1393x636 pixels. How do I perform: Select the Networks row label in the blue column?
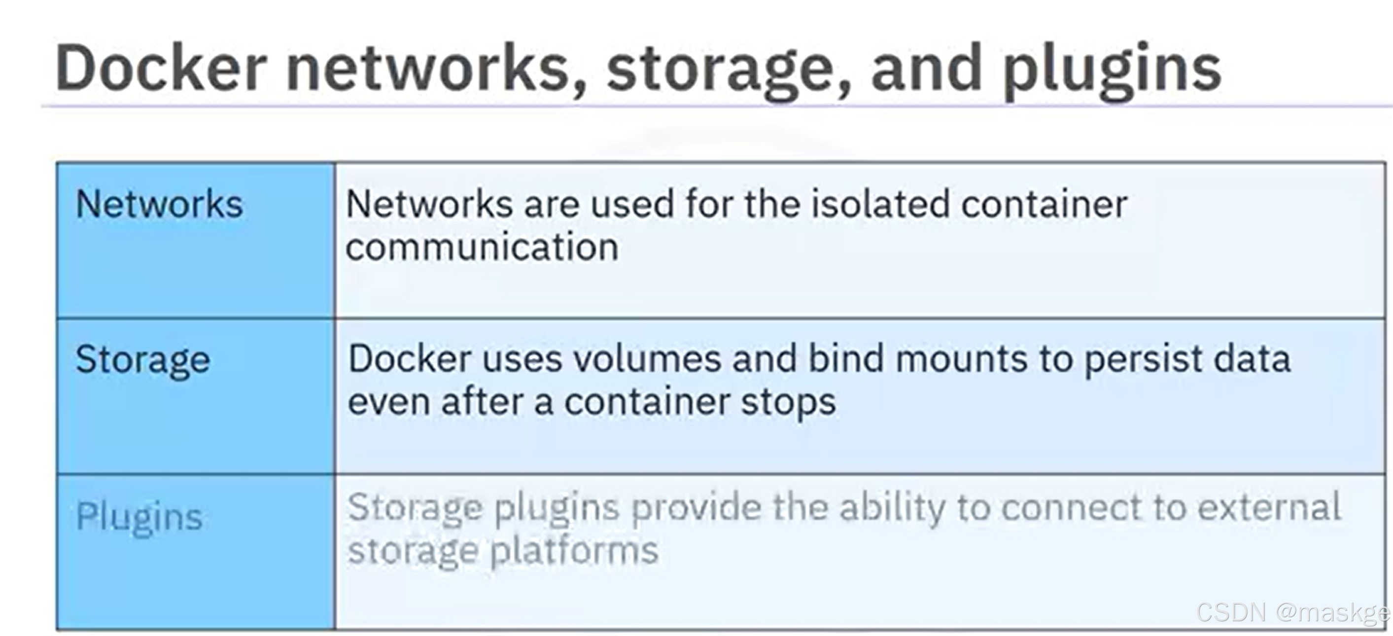[x=160, y=205]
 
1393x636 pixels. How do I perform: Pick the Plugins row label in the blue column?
[x=139, y=517]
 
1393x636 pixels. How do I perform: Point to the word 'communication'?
[x=482, y=247]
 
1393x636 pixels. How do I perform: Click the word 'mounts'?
[x=961, y=359]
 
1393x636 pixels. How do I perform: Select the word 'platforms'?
[x=574, y=552]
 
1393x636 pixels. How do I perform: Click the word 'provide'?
[x=696, y=508]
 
